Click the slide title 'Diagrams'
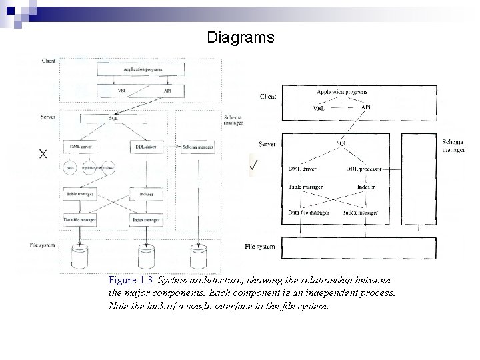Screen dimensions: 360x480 pos(240,37)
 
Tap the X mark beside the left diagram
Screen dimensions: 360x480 pos(43,154)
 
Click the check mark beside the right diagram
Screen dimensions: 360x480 pos(254,165)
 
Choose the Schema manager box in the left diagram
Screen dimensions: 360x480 pos(197,146)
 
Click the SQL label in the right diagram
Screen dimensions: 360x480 pos(342,143)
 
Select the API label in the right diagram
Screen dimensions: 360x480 pos(366,107)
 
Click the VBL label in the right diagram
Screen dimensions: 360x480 pos(320,109)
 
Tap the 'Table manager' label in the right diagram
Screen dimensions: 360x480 pos(306,187)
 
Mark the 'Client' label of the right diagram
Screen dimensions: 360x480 pos(268,97)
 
